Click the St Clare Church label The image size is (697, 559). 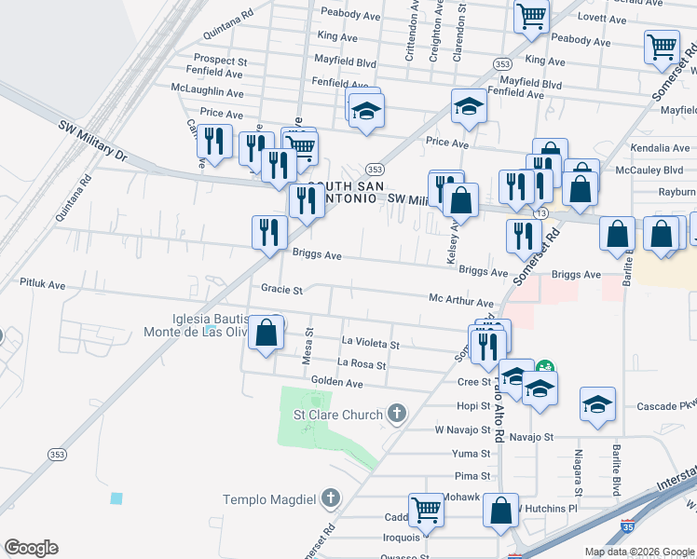338,415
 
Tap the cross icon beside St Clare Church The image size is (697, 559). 397,413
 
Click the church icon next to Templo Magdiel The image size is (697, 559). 329,498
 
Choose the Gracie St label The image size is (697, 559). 282,290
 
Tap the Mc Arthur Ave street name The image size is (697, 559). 460,303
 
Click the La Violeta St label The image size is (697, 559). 371,344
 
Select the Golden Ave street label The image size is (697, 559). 336,382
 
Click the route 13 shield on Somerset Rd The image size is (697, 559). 541,213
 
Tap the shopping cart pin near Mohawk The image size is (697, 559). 426,510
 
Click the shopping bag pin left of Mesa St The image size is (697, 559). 266,333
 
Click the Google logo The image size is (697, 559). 31,548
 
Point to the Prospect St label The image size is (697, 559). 220,61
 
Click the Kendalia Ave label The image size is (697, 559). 660,148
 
